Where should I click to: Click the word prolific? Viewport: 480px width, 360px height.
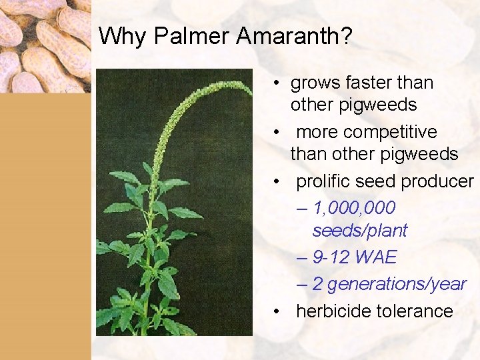pos(323,181)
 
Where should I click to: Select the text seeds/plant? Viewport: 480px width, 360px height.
pos(359,231)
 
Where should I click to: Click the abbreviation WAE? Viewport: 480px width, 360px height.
pos(376,257)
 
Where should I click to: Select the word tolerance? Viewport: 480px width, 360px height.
pos(418,311)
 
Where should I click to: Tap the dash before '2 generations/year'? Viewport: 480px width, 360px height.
pos(301,285)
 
